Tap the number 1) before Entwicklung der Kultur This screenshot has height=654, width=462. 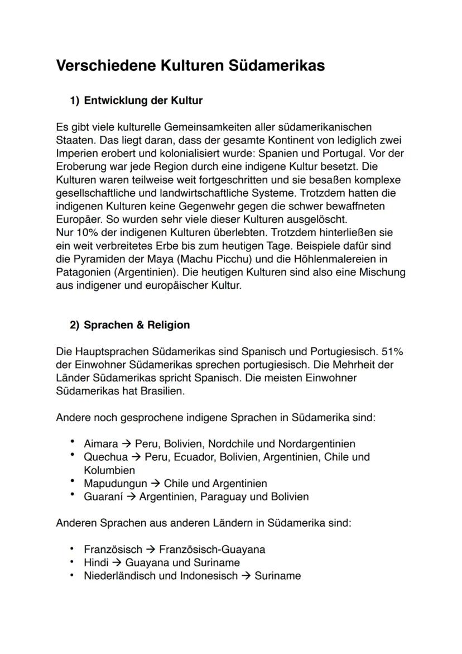pos(75,101)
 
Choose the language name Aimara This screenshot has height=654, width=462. pos(101,444)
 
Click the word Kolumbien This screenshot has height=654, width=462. pos(109,470)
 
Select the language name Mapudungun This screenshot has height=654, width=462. pos(116,483)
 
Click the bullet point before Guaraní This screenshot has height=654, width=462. pos(73,495)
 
